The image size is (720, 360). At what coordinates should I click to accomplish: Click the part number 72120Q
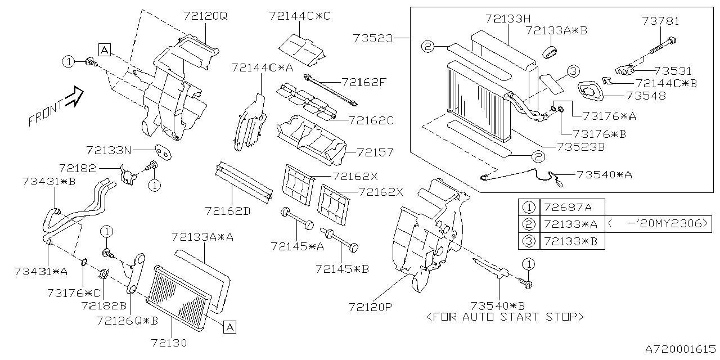pyautogui.click(x=204, y=16)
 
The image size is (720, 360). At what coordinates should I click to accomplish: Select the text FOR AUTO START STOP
pyautogui.click(x=505, y=317)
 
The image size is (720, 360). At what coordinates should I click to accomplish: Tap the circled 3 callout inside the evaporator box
pyautogui.click(x=573, y=71)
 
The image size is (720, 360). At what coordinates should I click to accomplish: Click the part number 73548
pyautogui.click(x=646, y=96)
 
